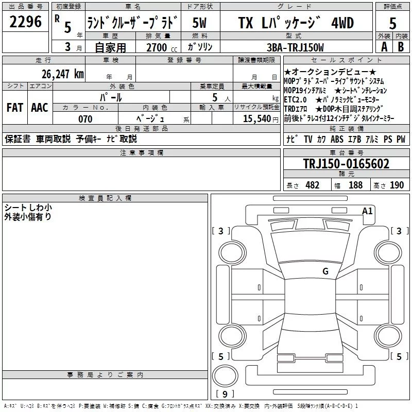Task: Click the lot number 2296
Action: pos(26,22)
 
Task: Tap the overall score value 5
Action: pos(392,24)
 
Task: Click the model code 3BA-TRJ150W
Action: pos(295,47)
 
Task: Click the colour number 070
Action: pos(85,119)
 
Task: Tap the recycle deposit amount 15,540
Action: pos(256,119)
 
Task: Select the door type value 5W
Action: pos(200,23)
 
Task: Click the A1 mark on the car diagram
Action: pos(367,211)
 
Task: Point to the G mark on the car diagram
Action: pos(325,271)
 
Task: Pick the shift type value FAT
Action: pos(14,108)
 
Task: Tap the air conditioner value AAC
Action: pos(40,108)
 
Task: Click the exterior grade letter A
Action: pos(384,47)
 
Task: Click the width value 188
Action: pos(355,185)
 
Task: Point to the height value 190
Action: pos(397,185)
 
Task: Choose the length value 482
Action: pos(312,185)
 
